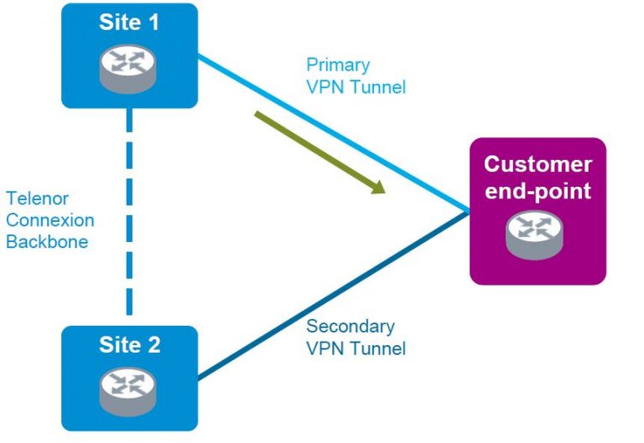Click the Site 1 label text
pyautogui.click(x=129, y=22)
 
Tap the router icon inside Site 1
pyautogui.click(x=129, y=69)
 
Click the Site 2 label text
pyautogui.click(x=129, y=344)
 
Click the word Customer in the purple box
pyautogui.click(x=538, y=164)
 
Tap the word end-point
pyautogui.click(x=538, y=191)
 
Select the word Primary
pyautogui.click(x=337, y=64)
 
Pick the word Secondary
pyautogui.click(x=351, y=327)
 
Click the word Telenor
pyautogui.click(x=37, y=199)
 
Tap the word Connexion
pyautogui.click(x=49, y=221)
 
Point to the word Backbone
pyautogui.click(x=47, y=243)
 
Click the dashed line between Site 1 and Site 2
pyautogui.click(x=130, y=216)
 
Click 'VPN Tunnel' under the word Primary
pyautogui.click(x=356, y=86)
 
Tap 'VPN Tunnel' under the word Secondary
pyautogui.click(x=356, y=348)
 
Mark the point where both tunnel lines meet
pyautogui.click(x=468, y=211)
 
